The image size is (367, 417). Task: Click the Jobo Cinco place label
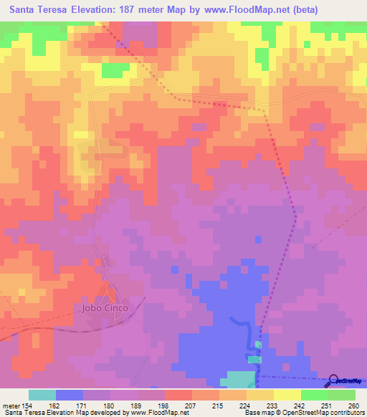(102, 308)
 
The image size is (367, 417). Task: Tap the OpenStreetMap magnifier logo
(334, 380)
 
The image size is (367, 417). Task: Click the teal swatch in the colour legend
(42, 395)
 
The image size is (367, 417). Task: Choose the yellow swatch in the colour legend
(287, 395)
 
